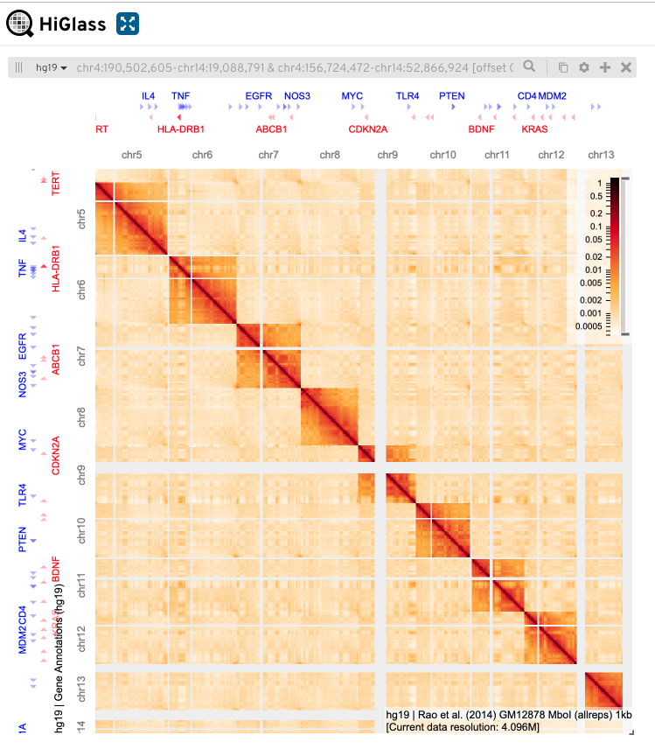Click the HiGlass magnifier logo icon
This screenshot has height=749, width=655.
click(x=20, y=24)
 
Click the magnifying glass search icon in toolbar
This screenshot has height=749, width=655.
click(x=529, y=66)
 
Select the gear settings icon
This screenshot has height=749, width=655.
click(x=583, y=67)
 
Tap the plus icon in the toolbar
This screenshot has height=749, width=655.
click(x=604, y=67)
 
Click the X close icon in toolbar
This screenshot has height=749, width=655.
click(x=626, y=67)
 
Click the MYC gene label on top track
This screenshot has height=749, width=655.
click(x=352, y=96)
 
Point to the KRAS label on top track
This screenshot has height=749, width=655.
click(x=534, y=129)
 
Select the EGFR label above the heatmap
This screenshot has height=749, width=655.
click(x=259, y=96)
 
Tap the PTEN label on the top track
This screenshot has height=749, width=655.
click(x=452, y=96)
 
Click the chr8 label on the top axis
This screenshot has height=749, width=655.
click(x=330, y=155)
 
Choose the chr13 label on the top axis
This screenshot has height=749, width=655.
click(x=601, y=155)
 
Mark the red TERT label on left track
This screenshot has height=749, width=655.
click(x=57, y=183)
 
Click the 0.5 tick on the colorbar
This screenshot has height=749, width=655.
click(x=595, y=197)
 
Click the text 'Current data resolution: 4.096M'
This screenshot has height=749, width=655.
click(x=464, y=726)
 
